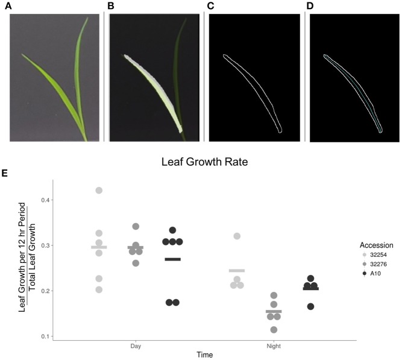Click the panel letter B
[110, 5]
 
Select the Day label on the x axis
[136, 347]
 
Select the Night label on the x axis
[274, 347]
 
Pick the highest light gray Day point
[99, 191]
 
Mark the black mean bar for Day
[172, 259]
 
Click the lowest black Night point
[310, 306]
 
